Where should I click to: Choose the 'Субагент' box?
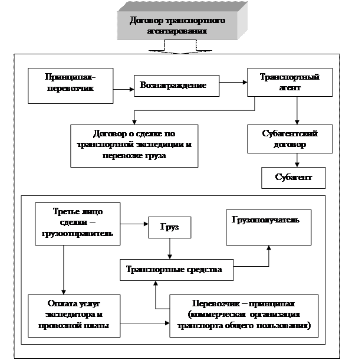[293, 177]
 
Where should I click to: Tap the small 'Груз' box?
[170, 227]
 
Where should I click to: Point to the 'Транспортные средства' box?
[176, 270]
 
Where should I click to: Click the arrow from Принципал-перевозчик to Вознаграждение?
[123, 89]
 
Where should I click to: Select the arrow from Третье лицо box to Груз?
[136, 224]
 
